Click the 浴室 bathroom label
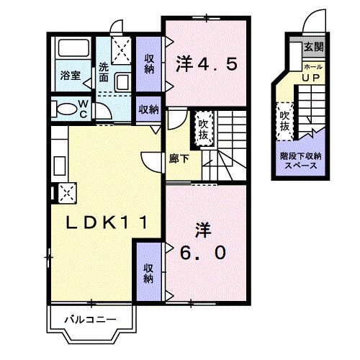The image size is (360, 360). click(x=70, y=74)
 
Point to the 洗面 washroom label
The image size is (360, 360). click(x=104, y=72)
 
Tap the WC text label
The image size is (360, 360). click(x=83, y=109)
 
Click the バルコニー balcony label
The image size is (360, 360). click(x=89, y=318)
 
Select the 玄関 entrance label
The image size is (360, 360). click(x=313, y=47)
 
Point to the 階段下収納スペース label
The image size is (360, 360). click(x=301, y=160)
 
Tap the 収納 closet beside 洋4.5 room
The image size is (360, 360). click(x=149, y=63)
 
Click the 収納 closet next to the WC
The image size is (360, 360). click(x=148, y=109)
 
